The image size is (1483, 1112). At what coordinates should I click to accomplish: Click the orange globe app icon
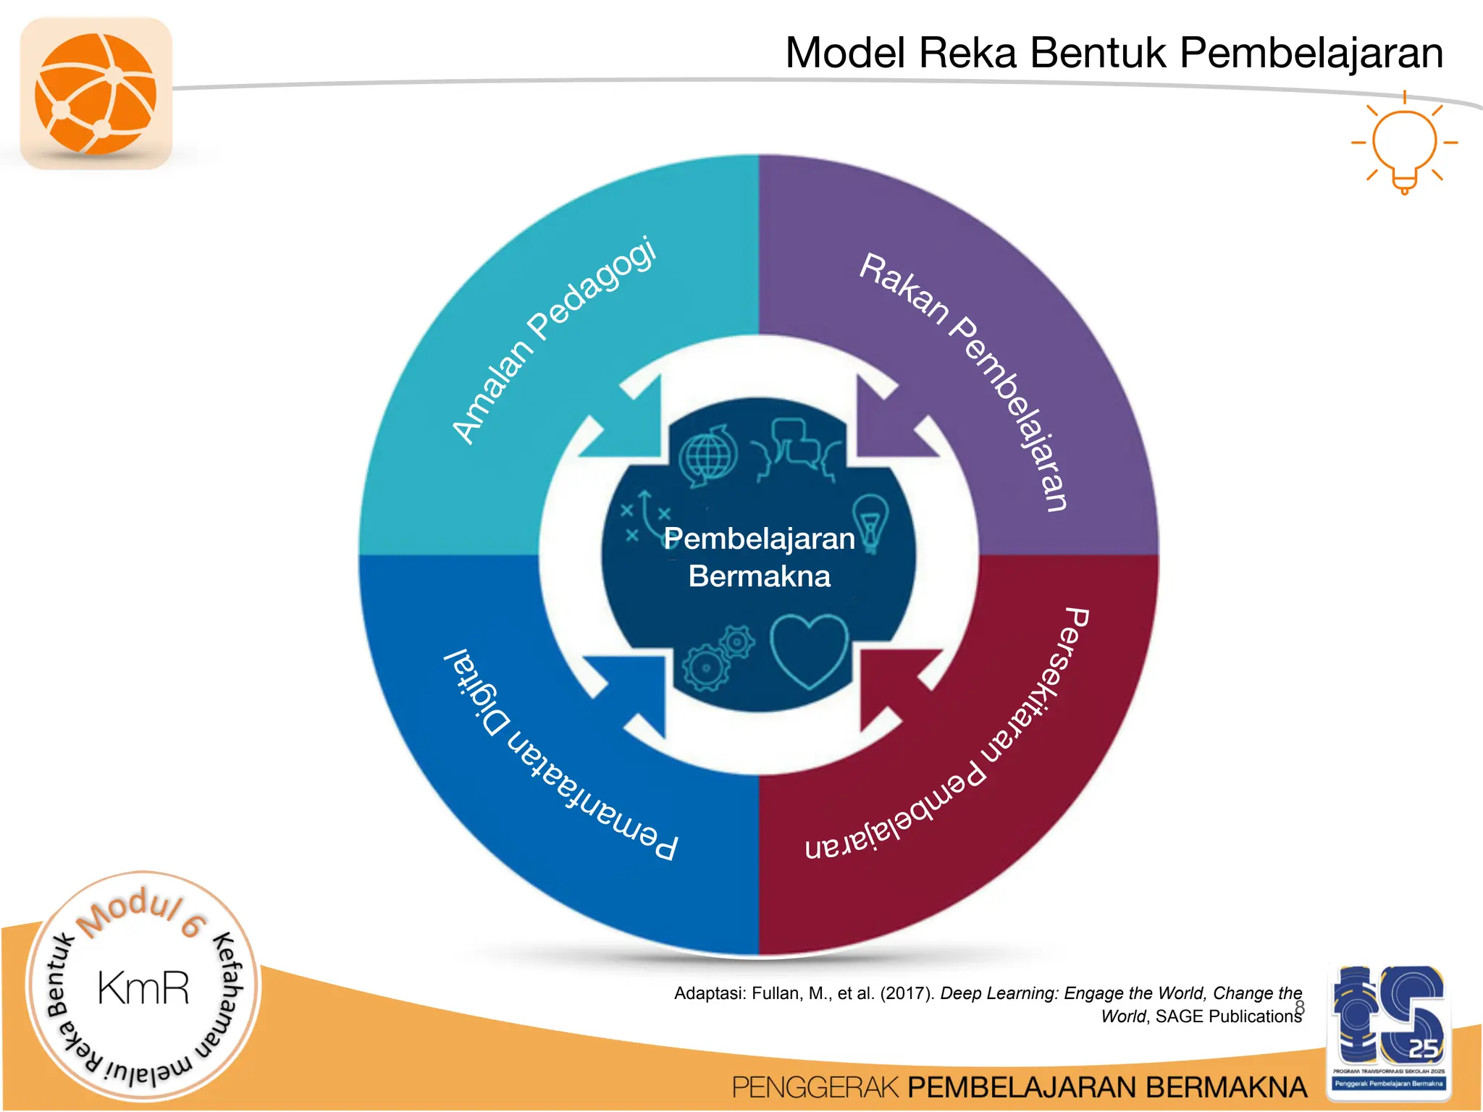[96, 94]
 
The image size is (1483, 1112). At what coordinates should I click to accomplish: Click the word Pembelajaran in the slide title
[1311, 53]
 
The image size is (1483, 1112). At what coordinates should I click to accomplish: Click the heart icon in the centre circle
[808, 650]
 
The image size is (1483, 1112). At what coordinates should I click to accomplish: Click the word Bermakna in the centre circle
[759, 577]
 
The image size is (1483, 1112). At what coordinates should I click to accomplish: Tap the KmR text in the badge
[143, 989]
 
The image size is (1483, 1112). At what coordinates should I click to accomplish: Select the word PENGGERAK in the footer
[815, 1087]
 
